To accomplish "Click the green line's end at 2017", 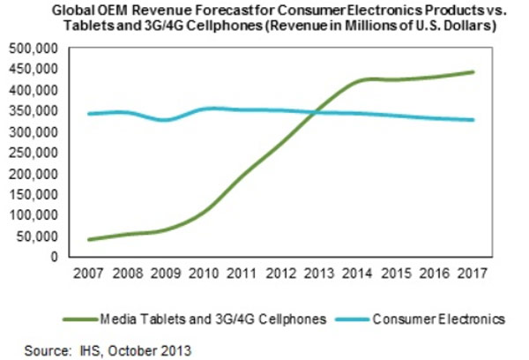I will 474,72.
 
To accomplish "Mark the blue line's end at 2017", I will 474,120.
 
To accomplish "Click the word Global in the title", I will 72,11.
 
